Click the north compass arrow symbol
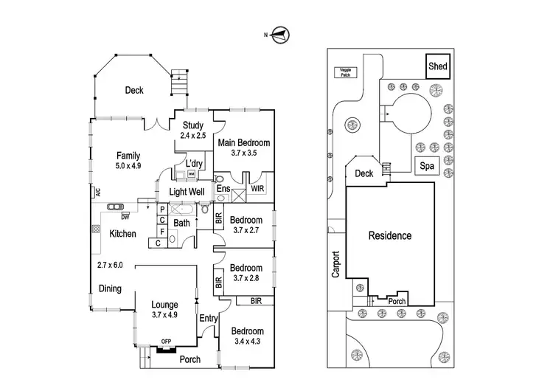point(280,33)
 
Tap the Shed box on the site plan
point(437,66)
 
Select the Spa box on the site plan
point(426,167)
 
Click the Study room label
point(193,125)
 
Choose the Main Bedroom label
point(243,142)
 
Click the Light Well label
point(187,192)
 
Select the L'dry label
point(194,163)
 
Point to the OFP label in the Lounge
point(167,342)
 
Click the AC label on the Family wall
point(97,193)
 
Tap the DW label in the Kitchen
point(125,216)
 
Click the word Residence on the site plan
point(390,236)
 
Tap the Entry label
point(208,318)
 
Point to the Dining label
point(110,288)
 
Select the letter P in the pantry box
point(162,210)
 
